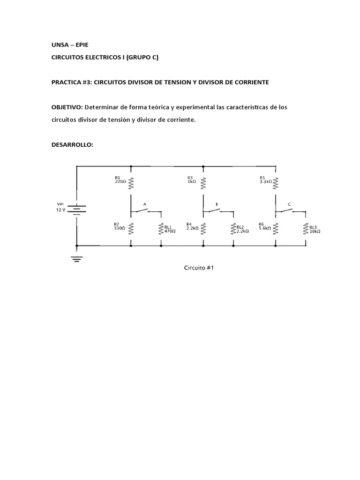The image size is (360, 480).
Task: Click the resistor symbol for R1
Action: [131, 181]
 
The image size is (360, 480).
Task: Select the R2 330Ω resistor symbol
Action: [131, 228]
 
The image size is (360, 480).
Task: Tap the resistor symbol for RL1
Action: [161, 228]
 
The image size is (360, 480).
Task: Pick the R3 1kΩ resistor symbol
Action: [203, 181]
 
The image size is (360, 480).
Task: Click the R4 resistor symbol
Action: [203, 228]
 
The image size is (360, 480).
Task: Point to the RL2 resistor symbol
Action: [233, 228]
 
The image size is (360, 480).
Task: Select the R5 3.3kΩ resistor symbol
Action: [275, 181]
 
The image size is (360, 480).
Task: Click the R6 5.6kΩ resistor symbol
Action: [275, 228]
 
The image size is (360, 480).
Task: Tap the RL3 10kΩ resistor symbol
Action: [306, 228]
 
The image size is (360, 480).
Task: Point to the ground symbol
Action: [77, 258]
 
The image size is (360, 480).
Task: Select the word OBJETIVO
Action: [67, 107]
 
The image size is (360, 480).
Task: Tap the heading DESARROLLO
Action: [72, 145]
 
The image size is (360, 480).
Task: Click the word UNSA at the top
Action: [60, 45]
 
